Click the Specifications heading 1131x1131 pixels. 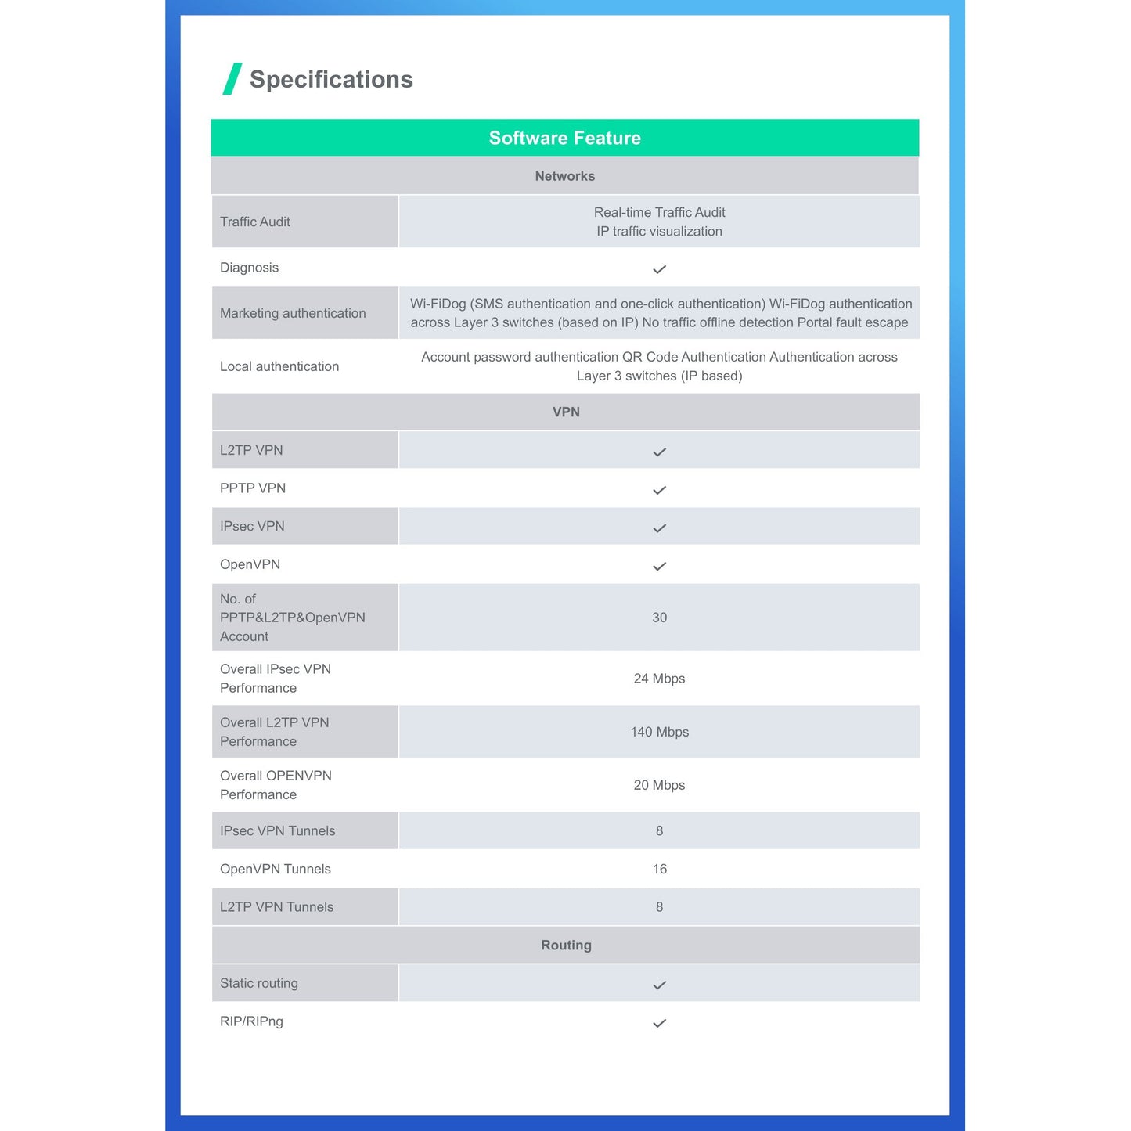[x=330, y=79]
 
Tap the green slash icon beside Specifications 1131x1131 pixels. [x=232, y=79]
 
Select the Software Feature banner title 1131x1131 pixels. [x=564, y=138]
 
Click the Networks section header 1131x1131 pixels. [x=564, y=176]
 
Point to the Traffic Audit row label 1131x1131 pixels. [x=254, y=222]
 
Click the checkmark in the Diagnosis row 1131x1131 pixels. [x=659, y=269]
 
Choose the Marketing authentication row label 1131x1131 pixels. [x=293, y=313]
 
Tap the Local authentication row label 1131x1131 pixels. [x=279, y=366]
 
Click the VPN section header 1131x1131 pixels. [x=566, y=412]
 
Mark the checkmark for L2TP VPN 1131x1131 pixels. [x=659, y=452]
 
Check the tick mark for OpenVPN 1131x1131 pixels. [x=659, y=567]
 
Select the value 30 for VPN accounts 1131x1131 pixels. [x=659, y=618]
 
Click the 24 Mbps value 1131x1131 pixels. [x=659, y=679]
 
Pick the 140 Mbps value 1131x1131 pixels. [x=659, y=732]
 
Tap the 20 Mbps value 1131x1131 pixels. [x=659, y=785]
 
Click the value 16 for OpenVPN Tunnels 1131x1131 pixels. [x=659, y=869]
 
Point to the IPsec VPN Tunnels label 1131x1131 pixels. [x=277, y=830]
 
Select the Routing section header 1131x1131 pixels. [x=566, y=945]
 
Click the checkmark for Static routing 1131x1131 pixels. [x=659, y=985]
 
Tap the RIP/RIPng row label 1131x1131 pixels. [x=251, y=1021]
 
